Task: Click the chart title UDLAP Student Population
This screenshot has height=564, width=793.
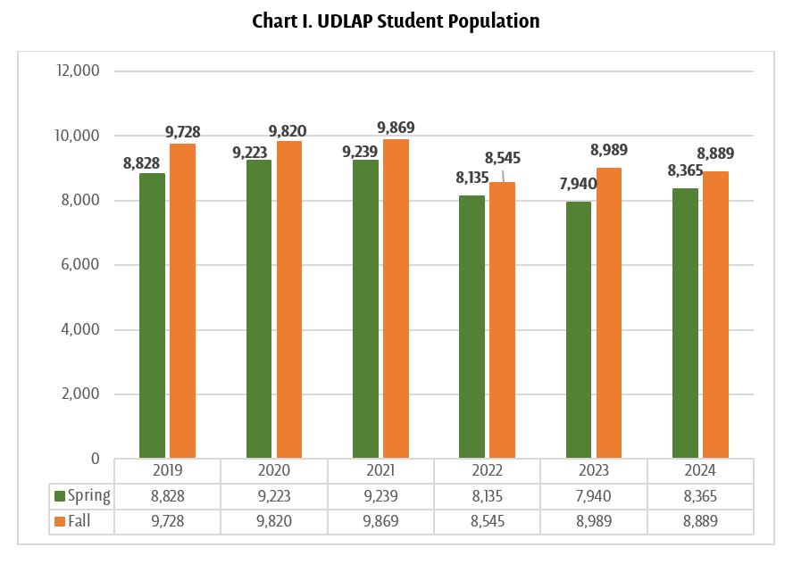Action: click(x=396, y=21)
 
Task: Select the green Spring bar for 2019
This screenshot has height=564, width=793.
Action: click(x=152, y=316)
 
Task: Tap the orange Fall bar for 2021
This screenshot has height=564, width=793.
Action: click(x=396, y=299)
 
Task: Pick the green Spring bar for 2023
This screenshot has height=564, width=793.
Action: click(x=578, y=330)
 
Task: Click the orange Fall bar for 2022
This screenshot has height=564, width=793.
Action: click(x=502, y=320)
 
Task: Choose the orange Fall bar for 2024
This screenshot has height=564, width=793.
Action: click(x=715, y=315)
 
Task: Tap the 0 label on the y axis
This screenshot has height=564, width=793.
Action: click(x=95, y=459)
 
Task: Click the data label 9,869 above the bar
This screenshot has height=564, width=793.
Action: click(x=396, y=128)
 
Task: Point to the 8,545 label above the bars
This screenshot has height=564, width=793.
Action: click(x=502, y=159)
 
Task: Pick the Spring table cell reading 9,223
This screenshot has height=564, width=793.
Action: click(x=274, y=496)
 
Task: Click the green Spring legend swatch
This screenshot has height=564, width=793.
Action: click(x=59, y=496)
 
